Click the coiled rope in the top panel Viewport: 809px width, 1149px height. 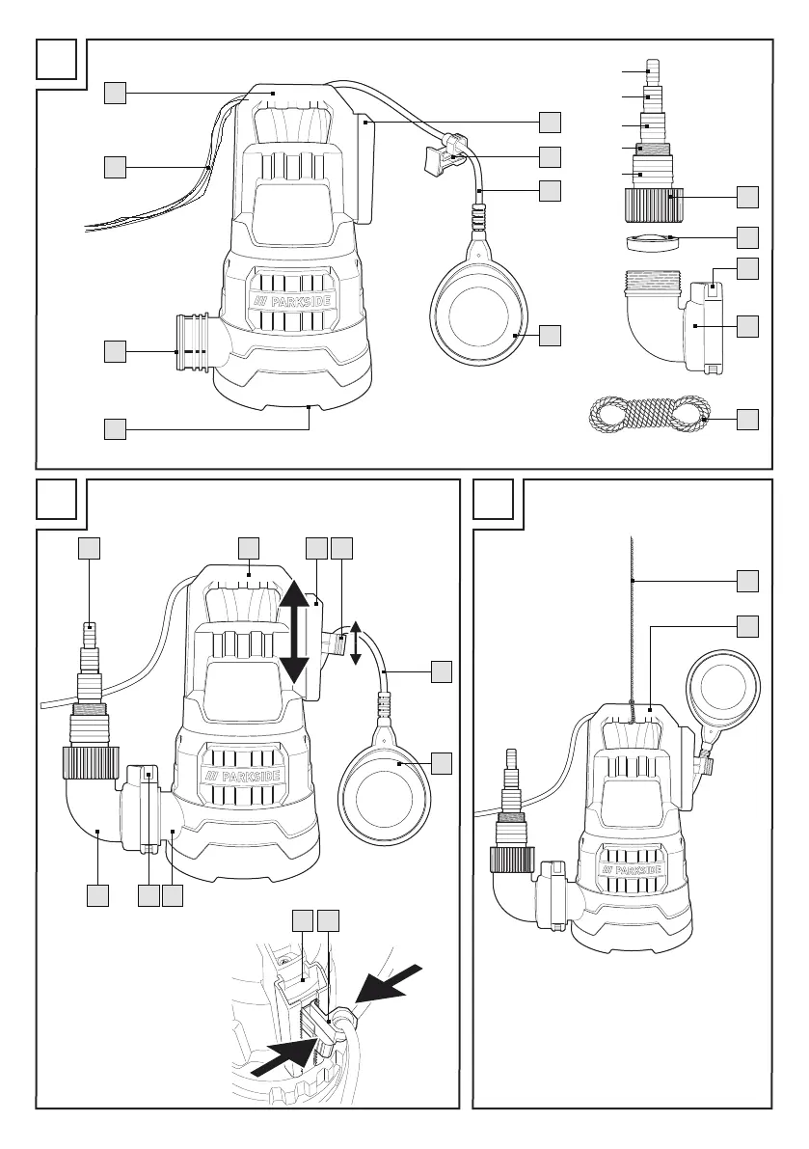(x=649, y=413)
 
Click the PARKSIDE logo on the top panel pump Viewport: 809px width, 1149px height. (x=290, y=302)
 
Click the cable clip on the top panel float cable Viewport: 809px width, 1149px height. (x=445, y=152)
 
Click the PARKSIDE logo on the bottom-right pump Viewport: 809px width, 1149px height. (x=631, y=870)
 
